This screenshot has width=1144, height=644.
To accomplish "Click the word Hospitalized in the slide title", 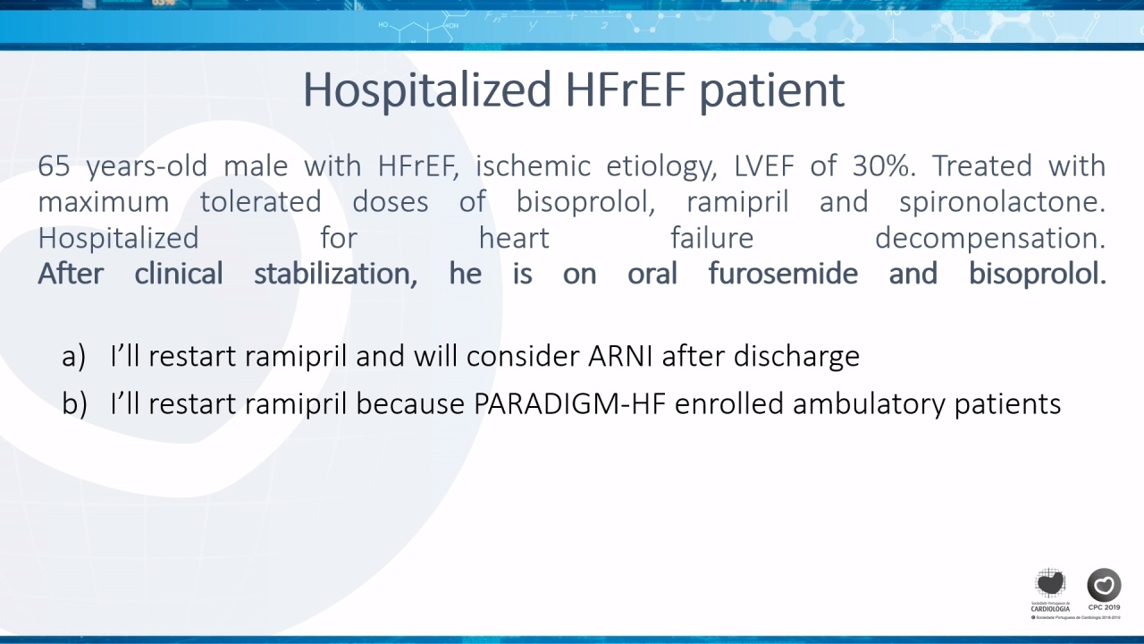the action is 427,90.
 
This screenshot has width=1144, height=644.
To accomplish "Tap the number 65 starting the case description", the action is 55,166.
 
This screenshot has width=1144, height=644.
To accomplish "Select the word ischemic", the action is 534,166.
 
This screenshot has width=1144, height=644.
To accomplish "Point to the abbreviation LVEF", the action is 764,166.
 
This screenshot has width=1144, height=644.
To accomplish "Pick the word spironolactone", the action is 1002,202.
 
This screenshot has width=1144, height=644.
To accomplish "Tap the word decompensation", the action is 990,239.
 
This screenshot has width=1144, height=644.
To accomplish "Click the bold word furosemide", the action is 783,274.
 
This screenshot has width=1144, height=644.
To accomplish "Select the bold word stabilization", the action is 335,274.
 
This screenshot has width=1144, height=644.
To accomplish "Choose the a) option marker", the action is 73,356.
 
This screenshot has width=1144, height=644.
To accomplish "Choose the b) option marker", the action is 74,403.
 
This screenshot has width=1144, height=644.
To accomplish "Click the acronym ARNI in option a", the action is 620,356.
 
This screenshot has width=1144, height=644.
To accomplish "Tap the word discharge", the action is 796,357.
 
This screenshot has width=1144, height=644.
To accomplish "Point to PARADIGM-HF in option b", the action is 570,404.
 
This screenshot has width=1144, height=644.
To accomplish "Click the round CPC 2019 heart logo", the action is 1104,585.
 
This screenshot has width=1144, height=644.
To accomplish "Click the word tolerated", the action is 260,202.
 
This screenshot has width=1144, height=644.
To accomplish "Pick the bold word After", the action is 71,274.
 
